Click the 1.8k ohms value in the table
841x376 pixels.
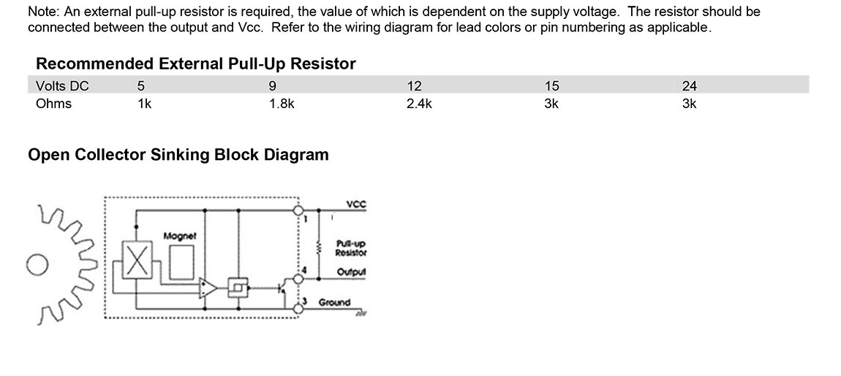(x=282, y=104)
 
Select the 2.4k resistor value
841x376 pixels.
(x=419, y=104)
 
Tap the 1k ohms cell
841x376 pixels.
(x=144, y=104)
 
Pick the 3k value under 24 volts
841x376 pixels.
(x=689, y=104)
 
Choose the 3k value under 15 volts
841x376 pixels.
(x=551, y=104)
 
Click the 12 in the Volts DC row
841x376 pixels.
(x=414, y=85)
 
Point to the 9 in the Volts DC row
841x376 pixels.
(x=272, y=85)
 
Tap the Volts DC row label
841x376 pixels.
(x=62, y=85)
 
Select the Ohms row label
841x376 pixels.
(x=53, y=104)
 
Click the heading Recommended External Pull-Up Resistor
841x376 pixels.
(x=195, y=64)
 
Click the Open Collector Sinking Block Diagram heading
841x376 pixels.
(x=178, y=155)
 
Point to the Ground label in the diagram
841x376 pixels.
(x=334, y=302)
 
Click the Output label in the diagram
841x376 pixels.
(x=351, y=272)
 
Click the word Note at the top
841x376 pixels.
(x=42, y=12)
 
